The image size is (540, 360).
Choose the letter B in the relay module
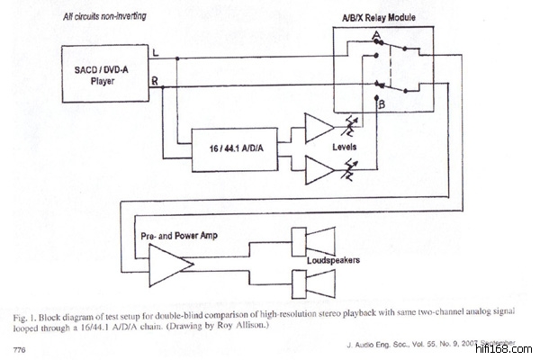[x=382, y=105]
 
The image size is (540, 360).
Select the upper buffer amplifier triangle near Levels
[x=318, y=128]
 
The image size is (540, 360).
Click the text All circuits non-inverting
[x=105, y=17]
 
